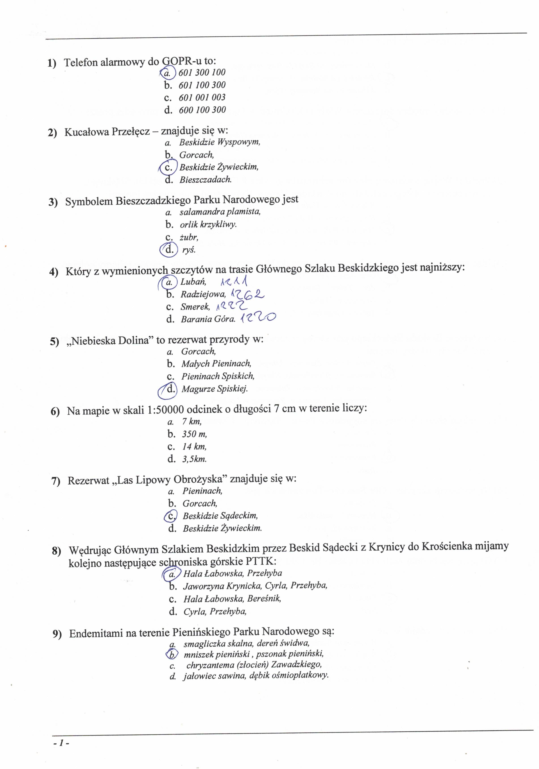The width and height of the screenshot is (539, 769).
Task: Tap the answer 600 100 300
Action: [202, 110]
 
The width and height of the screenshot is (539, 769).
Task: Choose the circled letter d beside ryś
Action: [169, 249]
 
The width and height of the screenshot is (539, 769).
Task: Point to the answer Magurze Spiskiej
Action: [214, 389]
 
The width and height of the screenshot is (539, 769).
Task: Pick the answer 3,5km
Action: [194, 459]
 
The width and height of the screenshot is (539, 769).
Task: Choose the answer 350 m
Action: [194, 434]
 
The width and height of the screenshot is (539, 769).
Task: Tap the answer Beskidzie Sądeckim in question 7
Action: [220, 516]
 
